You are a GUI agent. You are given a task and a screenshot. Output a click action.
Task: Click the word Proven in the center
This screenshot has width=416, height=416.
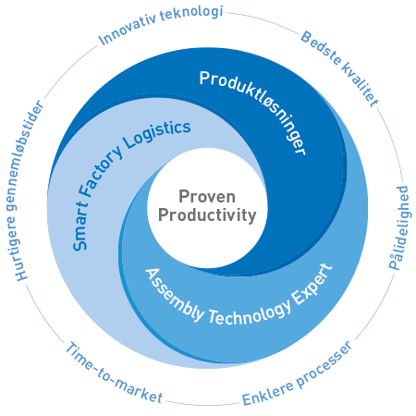(207, 197)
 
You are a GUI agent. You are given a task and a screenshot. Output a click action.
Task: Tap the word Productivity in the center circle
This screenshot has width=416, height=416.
(207, 215)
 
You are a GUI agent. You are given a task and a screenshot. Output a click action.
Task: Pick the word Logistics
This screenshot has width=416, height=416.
(157, 135)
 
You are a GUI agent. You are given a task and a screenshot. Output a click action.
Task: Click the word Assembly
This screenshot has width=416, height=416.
(175, 295)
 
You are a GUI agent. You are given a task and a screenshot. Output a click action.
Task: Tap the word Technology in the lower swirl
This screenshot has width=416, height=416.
(250, 312)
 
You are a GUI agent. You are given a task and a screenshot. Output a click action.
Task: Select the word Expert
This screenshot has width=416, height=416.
(312, 285)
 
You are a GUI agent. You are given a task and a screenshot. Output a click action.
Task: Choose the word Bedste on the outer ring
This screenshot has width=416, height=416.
(321, 47)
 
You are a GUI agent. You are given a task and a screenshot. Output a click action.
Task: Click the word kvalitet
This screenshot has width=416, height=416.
(361, 84)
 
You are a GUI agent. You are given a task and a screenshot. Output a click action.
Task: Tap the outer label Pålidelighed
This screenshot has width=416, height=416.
(399, 227)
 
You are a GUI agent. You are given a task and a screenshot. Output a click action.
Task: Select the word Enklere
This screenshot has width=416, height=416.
(267, 394)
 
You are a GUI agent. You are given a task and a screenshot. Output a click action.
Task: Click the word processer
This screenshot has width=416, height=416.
(324, 364)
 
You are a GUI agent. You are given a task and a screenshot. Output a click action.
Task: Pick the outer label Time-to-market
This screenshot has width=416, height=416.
(114, 373)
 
